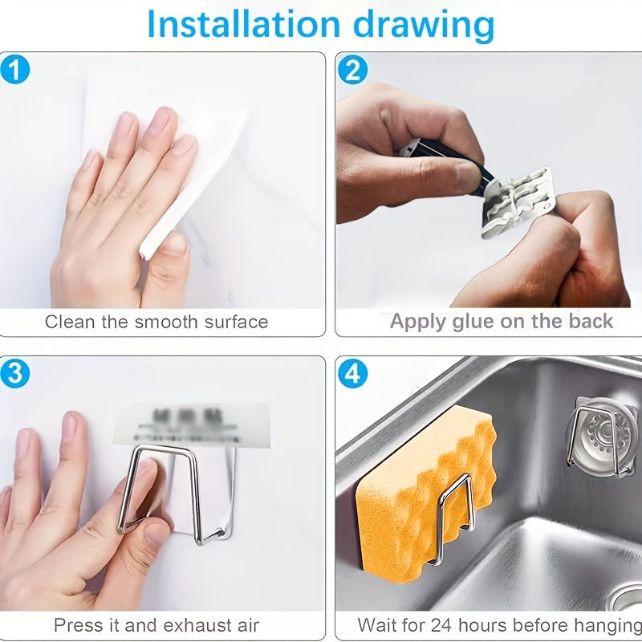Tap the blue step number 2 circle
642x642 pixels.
[x=351, y=70]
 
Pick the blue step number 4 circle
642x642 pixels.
[x=351, y=373]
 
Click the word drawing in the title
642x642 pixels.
[x=425, y=26]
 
